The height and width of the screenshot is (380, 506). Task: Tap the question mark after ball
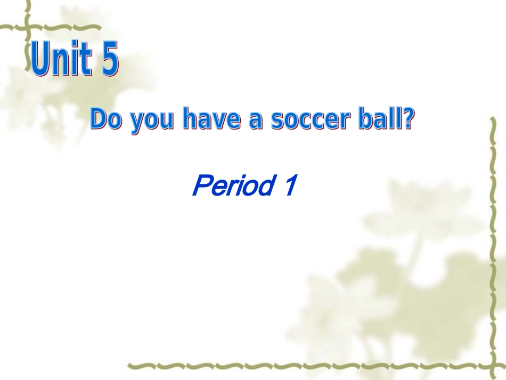(x=407, y=119)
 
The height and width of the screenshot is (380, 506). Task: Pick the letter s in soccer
(x=276, y=122)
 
